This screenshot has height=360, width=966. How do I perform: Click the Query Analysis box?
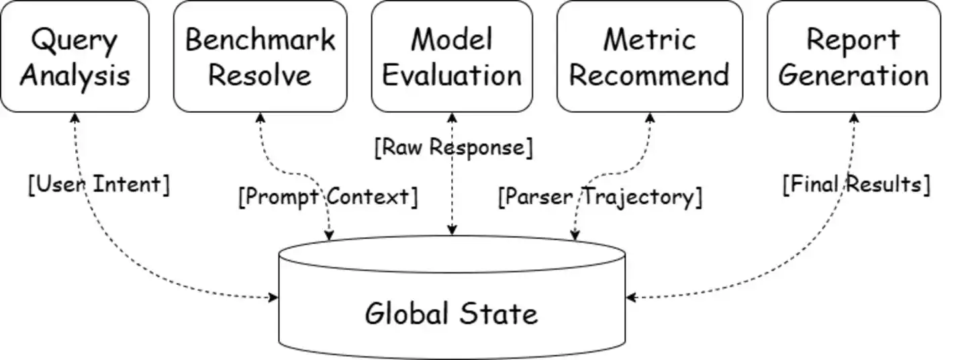tap(75, 56)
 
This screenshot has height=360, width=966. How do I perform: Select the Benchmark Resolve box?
tap(260, 56)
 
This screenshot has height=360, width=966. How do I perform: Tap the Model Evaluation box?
tap(452, 56)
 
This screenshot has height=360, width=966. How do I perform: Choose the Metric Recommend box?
tap(649, 56)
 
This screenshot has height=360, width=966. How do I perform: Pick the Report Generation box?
tap(853, 56)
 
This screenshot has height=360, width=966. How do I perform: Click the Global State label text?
tap(451, 314)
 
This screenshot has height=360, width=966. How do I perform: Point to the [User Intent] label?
tap(99, 185)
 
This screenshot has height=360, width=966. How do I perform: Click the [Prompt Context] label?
tap(328, 197)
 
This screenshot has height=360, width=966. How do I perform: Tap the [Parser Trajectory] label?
tap(599, 197)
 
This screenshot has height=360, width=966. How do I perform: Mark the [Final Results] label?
tap(856, 184)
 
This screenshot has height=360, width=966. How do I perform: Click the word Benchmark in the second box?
tap(260, 40)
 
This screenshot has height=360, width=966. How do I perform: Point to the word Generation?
tap(853, 75)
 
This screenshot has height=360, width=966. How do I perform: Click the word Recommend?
tap(649, 75)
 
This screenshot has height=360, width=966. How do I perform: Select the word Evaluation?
tap(452, 75)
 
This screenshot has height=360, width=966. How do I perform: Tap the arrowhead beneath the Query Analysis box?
tap(75, 118)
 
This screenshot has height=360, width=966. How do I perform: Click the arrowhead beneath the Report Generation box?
tap(854, 118)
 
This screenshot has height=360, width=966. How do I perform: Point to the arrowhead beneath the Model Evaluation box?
tap(452, 118)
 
